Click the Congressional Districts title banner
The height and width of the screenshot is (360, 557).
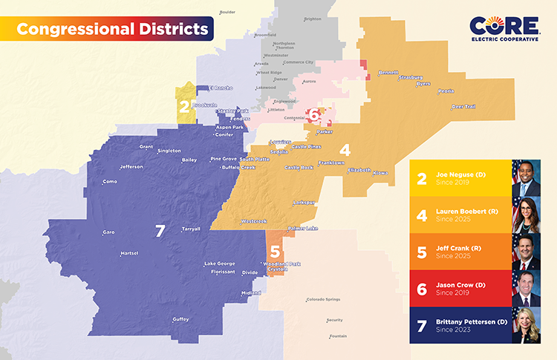(111, 30)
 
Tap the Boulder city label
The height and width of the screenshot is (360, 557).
(227, 12)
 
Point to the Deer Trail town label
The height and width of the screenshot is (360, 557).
(463, 106)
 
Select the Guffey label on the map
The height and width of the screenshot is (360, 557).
(180, 319)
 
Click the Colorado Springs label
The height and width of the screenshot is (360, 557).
(323, 299)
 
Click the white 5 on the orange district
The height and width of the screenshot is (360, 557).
(275, 252)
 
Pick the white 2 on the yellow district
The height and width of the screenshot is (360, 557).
(183, 107)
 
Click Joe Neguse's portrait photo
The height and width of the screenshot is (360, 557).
(526, 178)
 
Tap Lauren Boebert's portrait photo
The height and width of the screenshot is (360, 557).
(526, 215)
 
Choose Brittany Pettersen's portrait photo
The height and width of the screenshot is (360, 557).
(526, 326)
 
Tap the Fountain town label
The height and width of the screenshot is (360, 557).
(338, 336)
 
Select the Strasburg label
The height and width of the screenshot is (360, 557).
(411, 77)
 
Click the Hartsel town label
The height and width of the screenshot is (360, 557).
(129, 254)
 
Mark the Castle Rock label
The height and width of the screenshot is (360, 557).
(299, 168)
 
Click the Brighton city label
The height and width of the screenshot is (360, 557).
(313, 19)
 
